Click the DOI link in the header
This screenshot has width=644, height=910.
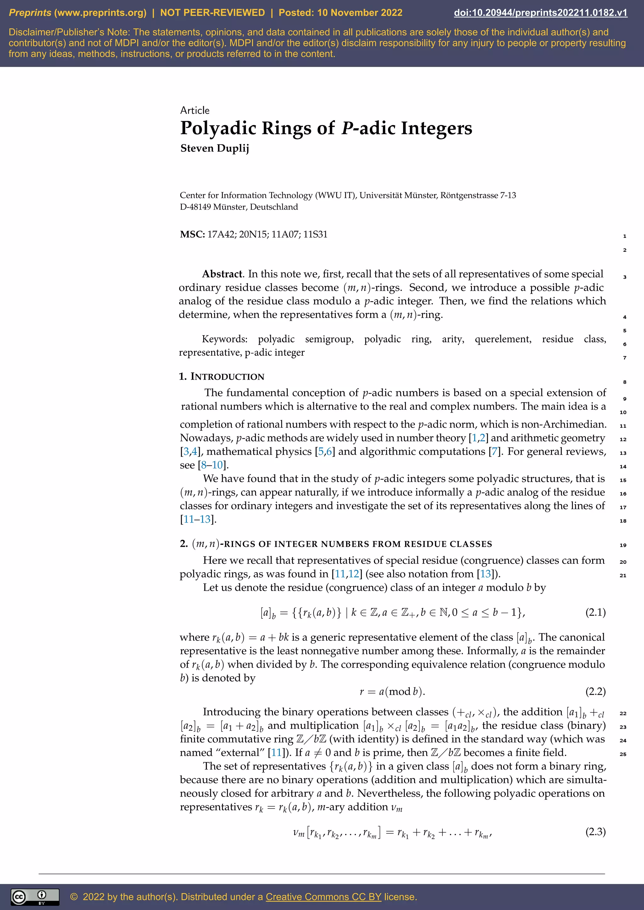tap(541, 13)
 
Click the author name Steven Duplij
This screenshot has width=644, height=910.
tap(214, 148)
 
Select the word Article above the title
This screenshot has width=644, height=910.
tap(195, 110)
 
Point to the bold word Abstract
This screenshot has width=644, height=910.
tap(222, 274)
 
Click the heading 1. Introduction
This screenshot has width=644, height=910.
tap(222, 376)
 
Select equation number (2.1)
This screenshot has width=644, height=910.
tap(595, 612)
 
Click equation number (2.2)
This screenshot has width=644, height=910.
tap(595, 691)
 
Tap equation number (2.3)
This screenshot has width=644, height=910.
tap(595, 831)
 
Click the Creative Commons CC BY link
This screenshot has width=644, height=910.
tap(323, 896)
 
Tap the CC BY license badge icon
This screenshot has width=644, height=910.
tap(35, 897)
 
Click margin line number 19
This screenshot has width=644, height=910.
tap(623, 545)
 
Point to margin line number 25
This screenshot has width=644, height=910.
tap(623, 754)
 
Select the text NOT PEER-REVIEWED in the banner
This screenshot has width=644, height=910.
tap(212, 13)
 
